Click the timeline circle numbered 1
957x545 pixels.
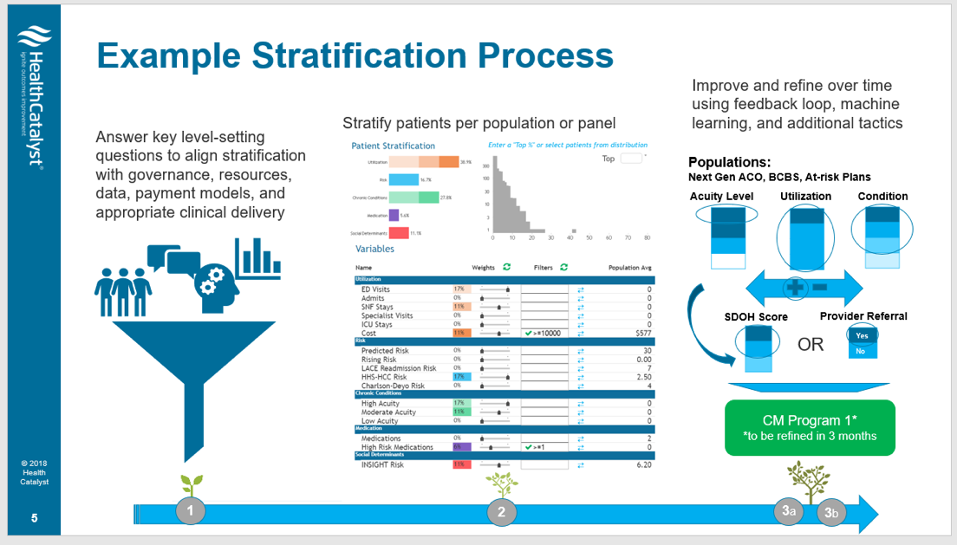click(x=190, y=511)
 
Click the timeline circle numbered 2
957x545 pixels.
click(x=501, y=511)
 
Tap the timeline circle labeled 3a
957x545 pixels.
click(x=787, y=511)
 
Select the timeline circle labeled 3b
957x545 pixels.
click(x=832, y=513)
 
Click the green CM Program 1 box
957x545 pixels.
click(x=810, y=427)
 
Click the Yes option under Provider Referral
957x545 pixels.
click(x=862, y=335)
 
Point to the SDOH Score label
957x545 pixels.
click(x=756, y=317)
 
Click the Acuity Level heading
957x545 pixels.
click(x=721, y=196)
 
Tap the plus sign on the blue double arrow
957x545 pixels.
click(x=791, y=287)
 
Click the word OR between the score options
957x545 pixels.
click(x=811, y=345)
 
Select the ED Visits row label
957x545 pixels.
click(x=375, y=289)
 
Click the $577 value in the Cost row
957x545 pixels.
click(x=641, y=333)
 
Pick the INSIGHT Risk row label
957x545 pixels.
click(x=382, y=464)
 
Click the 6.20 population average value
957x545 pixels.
click(x=641, y=464)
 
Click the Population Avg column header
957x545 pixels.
click(x=628, y=268)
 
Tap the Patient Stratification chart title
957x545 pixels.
click(x=393, y=146)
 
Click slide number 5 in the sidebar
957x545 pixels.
click(x=34, y=518)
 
